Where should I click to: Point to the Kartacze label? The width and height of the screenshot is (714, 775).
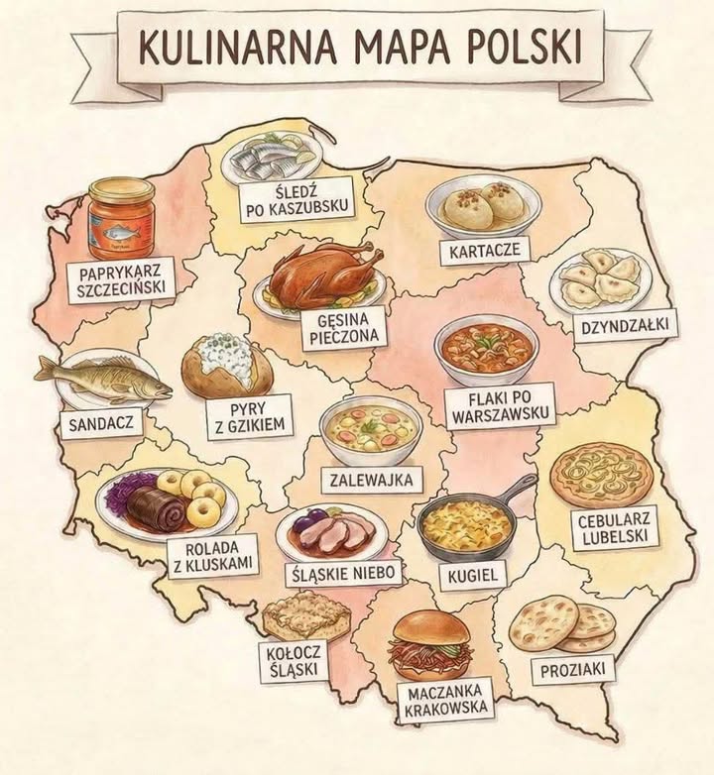tap(484, 252)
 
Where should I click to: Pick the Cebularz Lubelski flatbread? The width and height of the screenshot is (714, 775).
tap(601, 477)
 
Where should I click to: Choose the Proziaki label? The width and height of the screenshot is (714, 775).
tap(572, 670)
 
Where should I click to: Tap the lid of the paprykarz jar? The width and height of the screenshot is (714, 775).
tap(120, 188)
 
